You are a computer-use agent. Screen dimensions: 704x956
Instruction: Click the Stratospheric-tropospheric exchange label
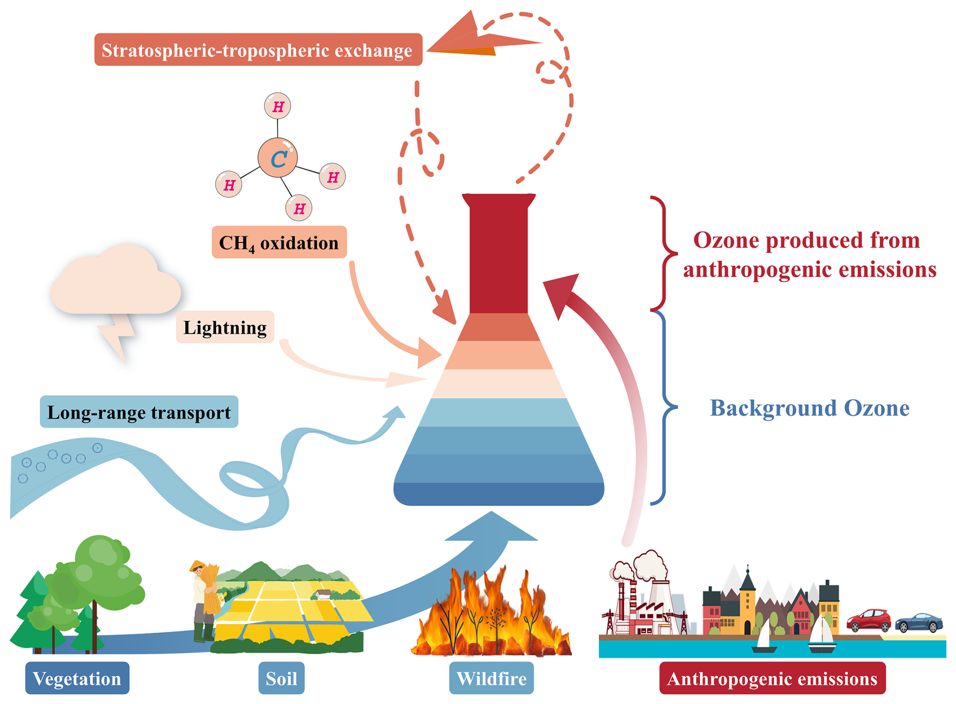(258, 50)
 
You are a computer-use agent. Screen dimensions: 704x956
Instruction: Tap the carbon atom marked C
(277, 158)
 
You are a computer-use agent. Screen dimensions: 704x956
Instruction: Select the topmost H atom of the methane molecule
(277, 106)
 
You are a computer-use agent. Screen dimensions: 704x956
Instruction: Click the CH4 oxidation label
(279, 243)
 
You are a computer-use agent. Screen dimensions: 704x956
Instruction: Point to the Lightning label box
(225, 327)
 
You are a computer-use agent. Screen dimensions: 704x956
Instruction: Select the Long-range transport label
(139, 412)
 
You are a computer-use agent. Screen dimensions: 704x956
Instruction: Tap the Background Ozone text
(809, 408)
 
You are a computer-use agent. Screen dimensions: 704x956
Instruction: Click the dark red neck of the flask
(498, 258)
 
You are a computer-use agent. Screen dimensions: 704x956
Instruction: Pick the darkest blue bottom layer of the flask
(498, 494)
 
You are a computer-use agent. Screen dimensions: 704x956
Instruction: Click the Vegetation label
(77, 678)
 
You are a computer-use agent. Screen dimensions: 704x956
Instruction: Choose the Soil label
(281, 678)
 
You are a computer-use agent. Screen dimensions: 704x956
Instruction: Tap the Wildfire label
(491, 678)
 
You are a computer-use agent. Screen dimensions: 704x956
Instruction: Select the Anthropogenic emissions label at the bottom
(772, 678)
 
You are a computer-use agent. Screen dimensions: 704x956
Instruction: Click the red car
(869, 620)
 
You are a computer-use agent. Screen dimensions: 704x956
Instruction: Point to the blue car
(919, 623)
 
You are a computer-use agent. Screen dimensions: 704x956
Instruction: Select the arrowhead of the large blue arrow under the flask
(491, 528)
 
